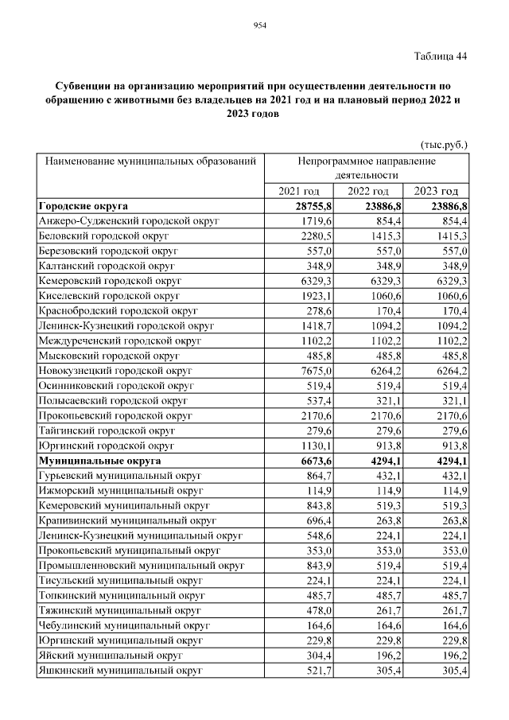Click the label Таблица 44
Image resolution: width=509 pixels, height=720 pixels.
click(x=441, y=56)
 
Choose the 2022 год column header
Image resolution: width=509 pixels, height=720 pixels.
click(x=368, y=191)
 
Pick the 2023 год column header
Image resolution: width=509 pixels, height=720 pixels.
click(x=437, y=191)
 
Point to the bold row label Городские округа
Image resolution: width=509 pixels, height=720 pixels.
click(x=84, y=206)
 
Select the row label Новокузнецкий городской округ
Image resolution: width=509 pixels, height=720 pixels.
click(x=115, y=371)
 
